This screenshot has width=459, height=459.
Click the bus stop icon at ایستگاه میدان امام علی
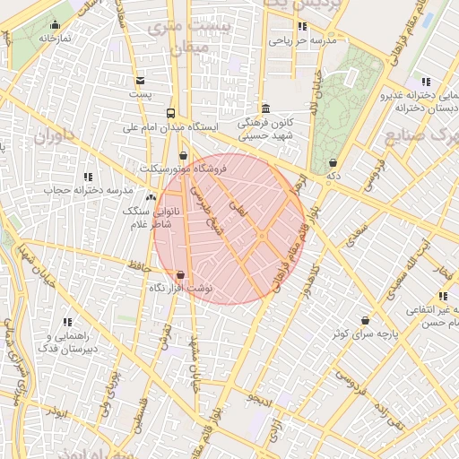(x=170, y=113)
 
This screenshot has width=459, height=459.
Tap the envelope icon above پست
(x=140, y=81)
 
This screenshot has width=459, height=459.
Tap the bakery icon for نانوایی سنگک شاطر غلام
(x=150, y=197)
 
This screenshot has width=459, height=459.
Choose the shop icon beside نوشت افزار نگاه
(x=181, y=274)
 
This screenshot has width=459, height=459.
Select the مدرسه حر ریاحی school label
(x=302, y=40)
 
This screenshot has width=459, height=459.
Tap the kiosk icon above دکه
(x=333, y=163)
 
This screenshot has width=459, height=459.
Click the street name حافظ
(x=136, y=264)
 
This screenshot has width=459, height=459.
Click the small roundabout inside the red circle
(x=261, y=235)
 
